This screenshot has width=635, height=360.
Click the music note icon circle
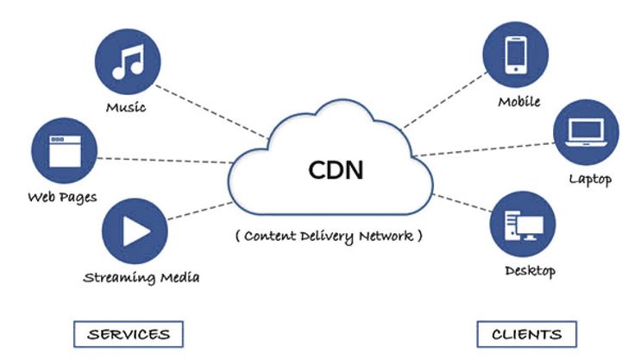click(x=127, y=63)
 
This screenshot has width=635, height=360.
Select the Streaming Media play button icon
click(x=134, y=231)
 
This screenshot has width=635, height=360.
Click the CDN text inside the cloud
click(x=336, y=169)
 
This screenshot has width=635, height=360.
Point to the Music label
click(x=126, y=109)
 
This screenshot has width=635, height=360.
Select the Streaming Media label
click(x=141, y=277)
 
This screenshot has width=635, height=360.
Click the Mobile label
click(x=519, y=102)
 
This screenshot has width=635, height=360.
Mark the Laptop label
click(x=590, y=180)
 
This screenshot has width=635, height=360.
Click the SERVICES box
click(x=129, y=333)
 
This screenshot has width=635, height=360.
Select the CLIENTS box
click(x=525, y=333)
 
